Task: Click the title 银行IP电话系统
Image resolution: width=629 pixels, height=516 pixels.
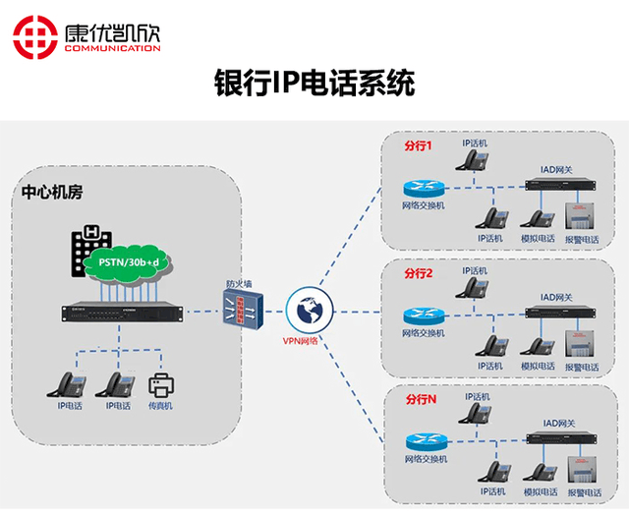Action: click(314, 84)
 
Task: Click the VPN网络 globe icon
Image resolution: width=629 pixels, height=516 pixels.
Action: click(308, 310)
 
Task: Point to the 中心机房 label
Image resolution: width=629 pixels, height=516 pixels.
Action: click(49, 194)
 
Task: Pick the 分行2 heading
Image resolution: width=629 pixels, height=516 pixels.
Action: click(418, 271)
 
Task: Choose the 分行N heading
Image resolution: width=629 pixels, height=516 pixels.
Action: click(420, 401)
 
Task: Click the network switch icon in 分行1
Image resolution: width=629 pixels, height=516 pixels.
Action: click(424, 187)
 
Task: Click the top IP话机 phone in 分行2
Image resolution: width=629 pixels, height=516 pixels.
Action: click(476, 288)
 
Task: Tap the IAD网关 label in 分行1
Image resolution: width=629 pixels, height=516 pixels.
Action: click(557, 169)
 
